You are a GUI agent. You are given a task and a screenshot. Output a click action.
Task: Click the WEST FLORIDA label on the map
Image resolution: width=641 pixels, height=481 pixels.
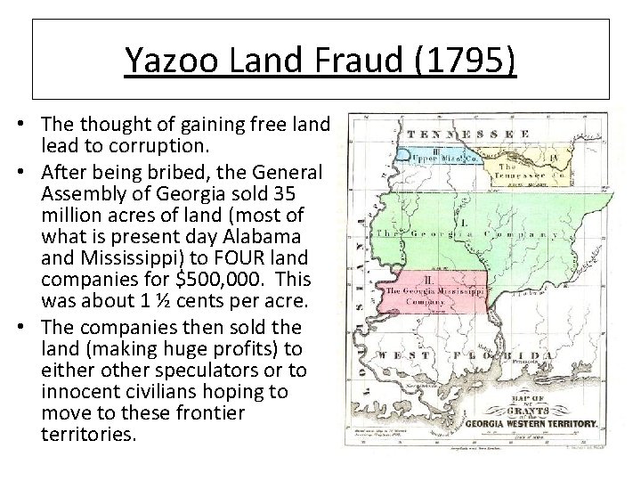(x=472, y=355)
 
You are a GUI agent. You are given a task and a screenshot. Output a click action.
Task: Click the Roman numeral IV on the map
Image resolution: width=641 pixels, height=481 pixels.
(x=553, y=159)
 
